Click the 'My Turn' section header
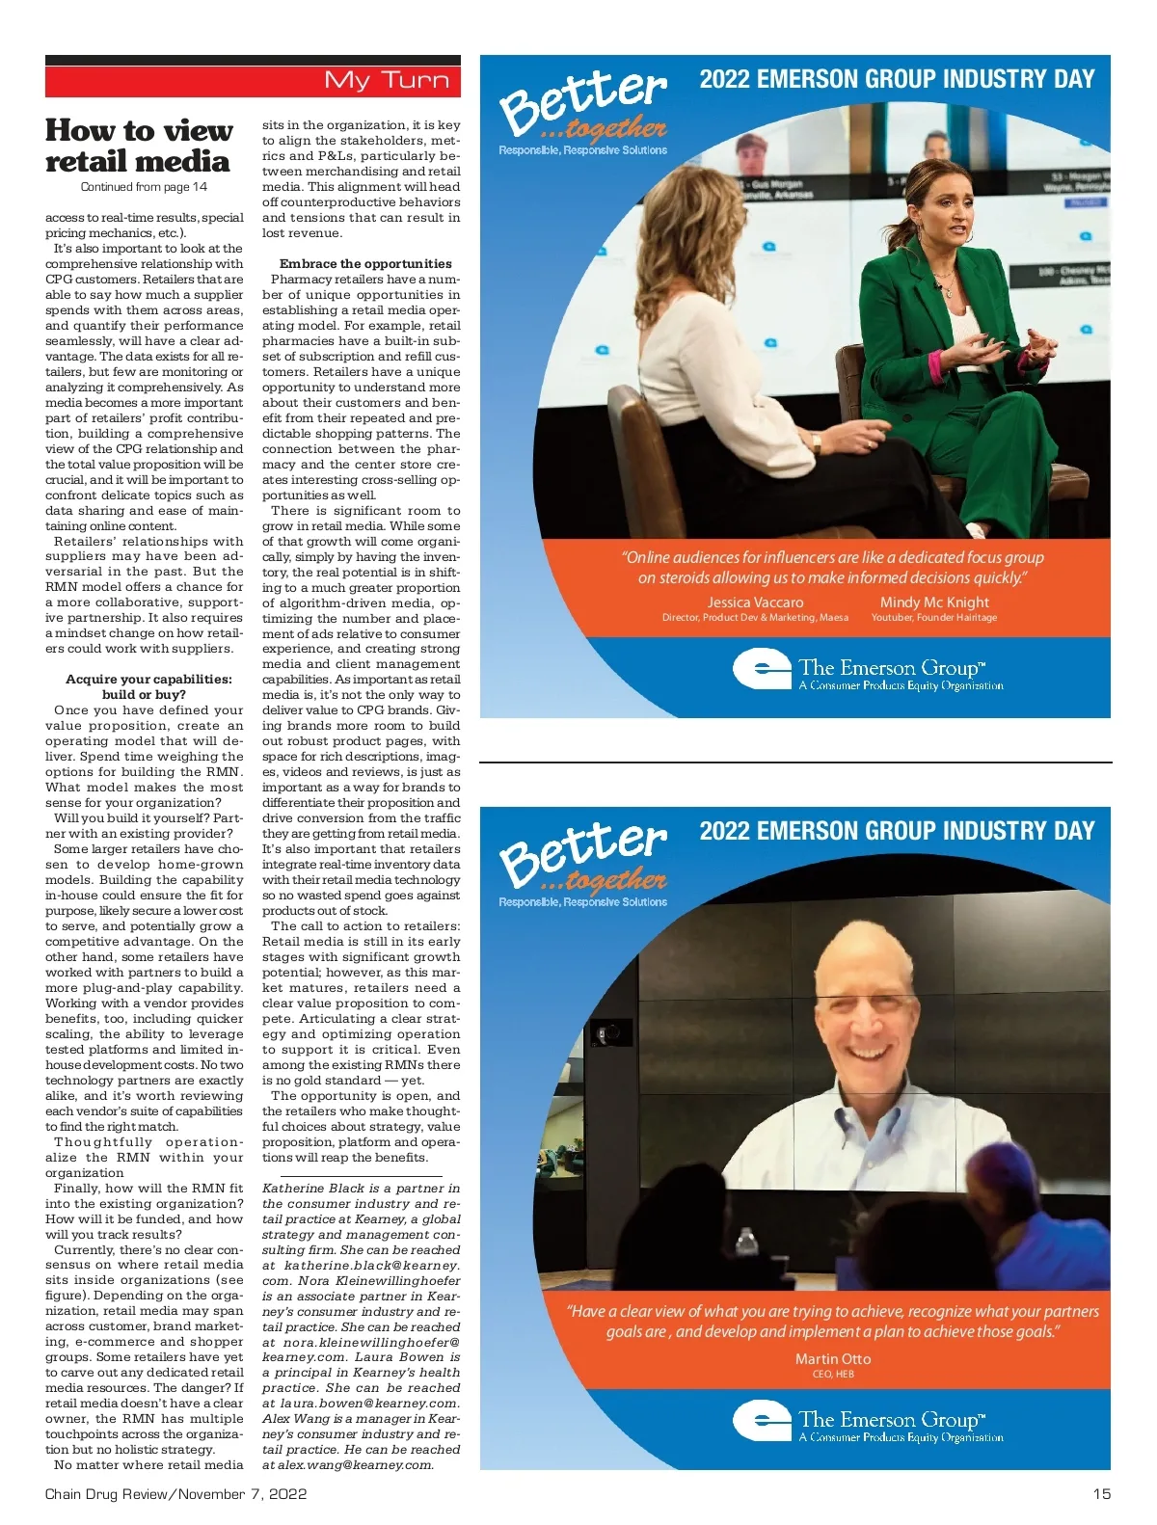[387, 80]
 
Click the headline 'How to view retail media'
[138, 146]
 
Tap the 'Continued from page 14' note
[144, 187]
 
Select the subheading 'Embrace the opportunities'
[365, 263]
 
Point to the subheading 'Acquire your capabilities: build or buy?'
[148, 686]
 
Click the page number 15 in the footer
[1101, 1493]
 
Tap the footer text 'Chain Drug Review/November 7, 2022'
[175, 1493]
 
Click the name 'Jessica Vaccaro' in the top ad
[755, 602]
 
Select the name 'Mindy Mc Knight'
[934, 602]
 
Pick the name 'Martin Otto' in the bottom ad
[832, 1358]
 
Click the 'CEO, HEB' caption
[832, 1374]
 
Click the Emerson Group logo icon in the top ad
[762, 668]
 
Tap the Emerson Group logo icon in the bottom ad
[762, 1420]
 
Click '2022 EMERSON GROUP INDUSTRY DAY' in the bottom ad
[897, 831]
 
